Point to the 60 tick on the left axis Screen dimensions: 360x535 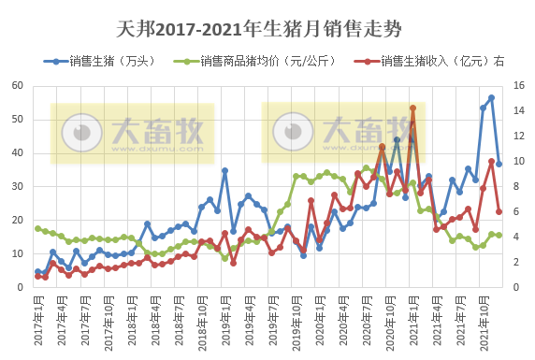tap(18, 86)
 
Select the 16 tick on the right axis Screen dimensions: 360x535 tap(520, 86)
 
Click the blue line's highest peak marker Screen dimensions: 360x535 tap(491, 98)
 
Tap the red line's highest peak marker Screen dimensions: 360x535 tap(412, 108)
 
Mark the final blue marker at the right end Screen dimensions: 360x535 tap(499, 164)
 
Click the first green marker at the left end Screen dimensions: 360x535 tap(37, 228)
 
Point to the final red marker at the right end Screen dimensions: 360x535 tap(499, 212)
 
